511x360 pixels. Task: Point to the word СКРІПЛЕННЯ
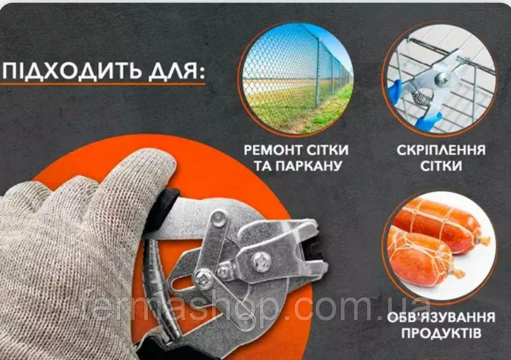click(x=441, y=150)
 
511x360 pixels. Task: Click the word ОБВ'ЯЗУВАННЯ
click(x=441, y=317)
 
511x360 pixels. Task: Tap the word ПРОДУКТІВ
click(x=441, y=333)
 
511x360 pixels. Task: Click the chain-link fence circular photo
click(x=296, y=78)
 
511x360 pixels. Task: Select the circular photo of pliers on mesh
click(x=441, y=78)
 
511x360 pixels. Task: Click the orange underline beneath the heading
click(x=103, y=84)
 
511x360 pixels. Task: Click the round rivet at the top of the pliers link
click(x=219, y=218)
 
